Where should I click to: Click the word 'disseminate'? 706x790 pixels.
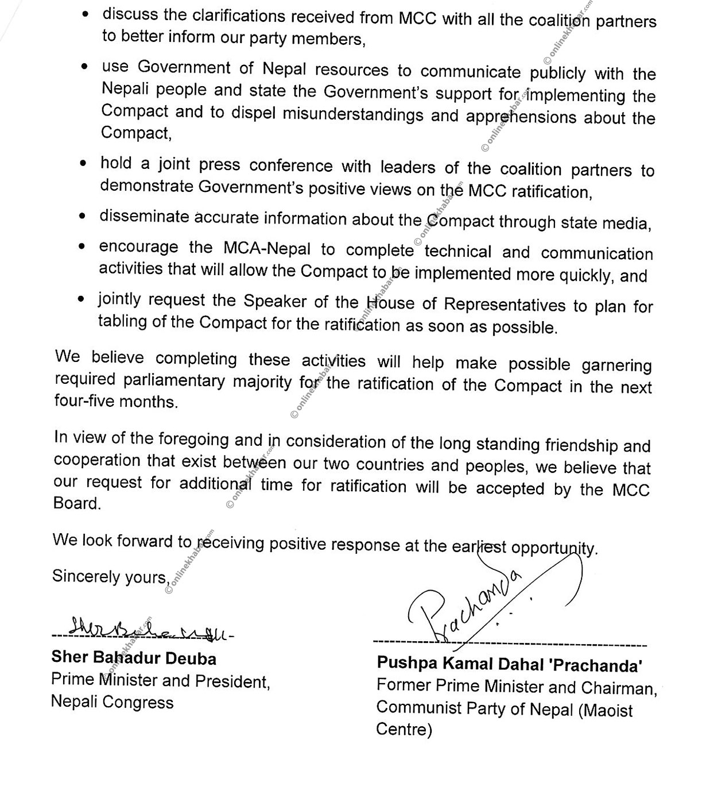click(x=144, y=217)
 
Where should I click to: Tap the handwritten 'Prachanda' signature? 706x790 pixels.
click(x=459, y=608)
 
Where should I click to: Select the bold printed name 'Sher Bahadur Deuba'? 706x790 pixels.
click(x=134, y=658)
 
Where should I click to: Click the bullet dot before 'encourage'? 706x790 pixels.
click(x=83, y=247)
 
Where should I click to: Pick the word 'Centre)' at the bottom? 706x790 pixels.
click(x=404, y=730)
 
